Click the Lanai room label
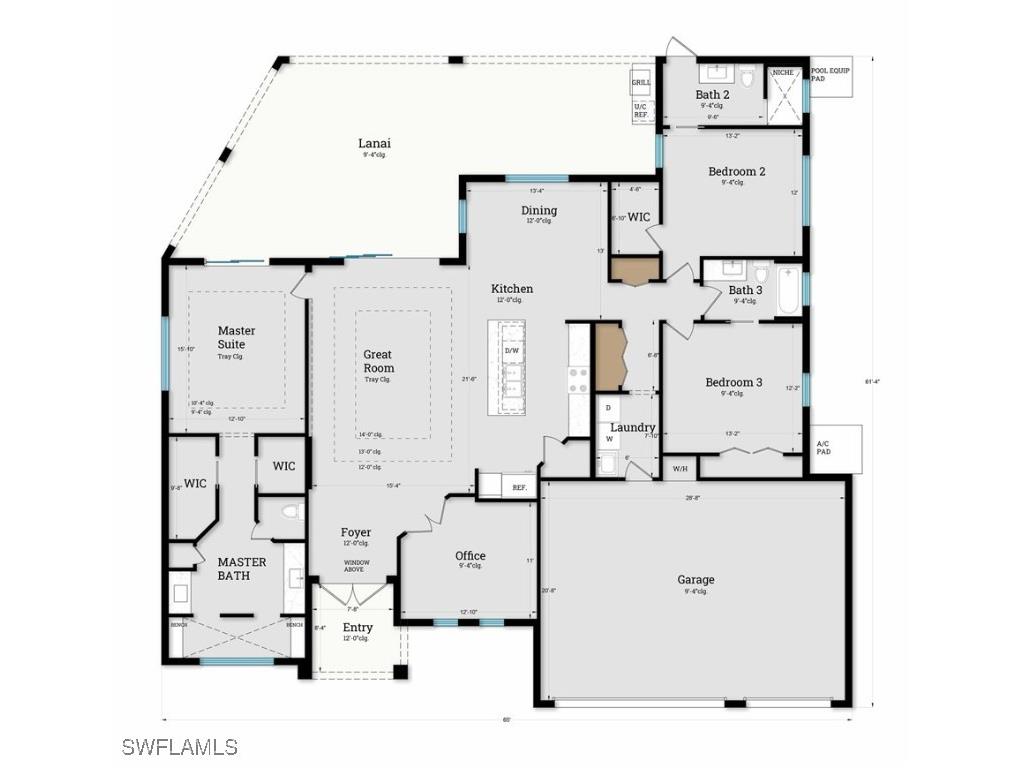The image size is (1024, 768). point(375,144)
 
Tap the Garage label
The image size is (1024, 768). point(696,580)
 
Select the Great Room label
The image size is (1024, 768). point(378,361)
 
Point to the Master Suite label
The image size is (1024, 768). point(236,337)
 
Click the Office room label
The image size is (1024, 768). point(470,556)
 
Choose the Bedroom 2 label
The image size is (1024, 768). point(736,172)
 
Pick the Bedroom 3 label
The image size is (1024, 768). point(733,383)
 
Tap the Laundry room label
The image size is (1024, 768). point(632,428)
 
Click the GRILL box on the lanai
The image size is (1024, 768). point(641,82)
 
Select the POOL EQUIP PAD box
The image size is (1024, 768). point(831,76)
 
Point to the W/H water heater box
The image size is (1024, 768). point(680,468)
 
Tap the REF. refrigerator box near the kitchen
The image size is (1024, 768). point(519,488)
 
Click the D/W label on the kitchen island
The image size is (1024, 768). point(511,351)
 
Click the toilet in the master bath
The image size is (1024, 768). point(290,512)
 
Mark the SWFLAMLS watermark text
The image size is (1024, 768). point(180,746)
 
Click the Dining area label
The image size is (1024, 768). point(539,211)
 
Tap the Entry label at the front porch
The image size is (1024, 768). point(357,628)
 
